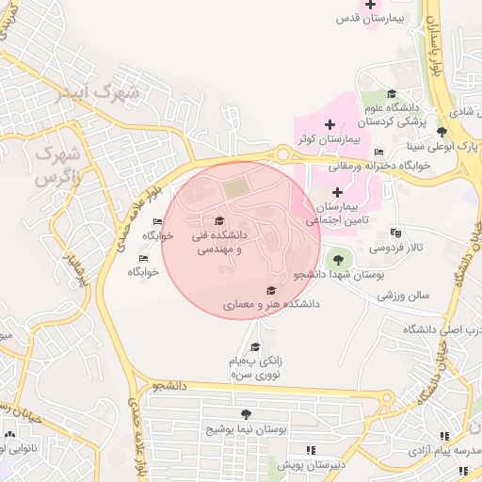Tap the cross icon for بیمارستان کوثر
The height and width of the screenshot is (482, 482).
click(329, 124)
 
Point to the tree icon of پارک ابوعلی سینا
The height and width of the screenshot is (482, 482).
click(442, 131)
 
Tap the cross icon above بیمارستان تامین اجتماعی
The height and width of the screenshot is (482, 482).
click(336, 192)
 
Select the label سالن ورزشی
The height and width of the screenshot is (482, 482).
click(404, 295)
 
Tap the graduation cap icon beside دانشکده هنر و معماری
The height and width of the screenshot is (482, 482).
click(271, 291)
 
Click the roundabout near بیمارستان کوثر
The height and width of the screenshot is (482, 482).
click(281, 153)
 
